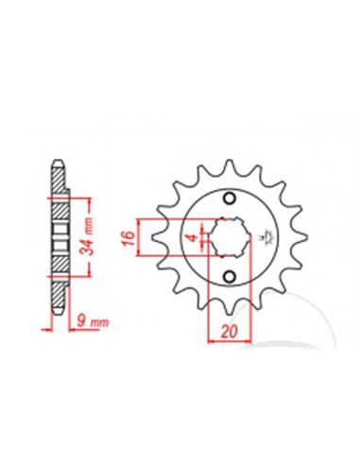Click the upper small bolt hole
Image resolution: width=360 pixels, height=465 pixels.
pyautogui.click(x=229, y=198)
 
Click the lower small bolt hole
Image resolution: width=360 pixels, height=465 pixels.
pyautogui.click(x=229, y=276)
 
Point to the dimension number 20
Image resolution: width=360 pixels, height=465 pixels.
pyautogui.click(x=229, y=332)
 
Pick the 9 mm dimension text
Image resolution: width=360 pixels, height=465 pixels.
pyautogui.click(x=93, y=321)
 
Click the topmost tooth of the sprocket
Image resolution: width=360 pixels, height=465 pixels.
pyautogui.click(x=229, y=166)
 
